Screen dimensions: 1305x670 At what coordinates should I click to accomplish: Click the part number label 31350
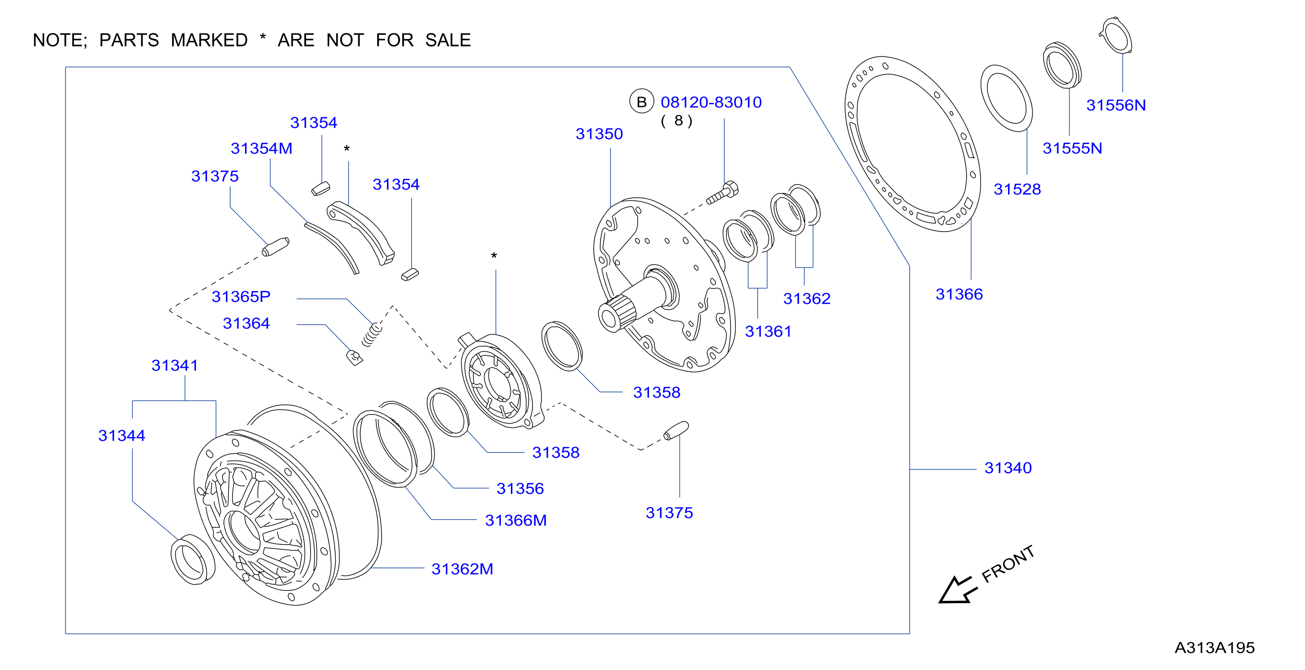599,134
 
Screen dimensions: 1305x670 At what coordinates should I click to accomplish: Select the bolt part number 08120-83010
711,102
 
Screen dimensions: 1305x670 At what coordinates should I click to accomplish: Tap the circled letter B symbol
641,102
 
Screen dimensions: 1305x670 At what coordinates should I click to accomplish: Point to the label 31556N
1115,105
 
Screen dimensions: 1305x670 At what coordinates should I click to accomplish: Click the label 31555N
1072,149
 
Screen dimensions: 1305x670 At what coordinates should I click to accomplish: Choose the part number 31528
1017,189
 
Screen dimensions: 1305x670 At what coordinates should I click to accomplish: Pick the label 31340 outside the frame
1008,468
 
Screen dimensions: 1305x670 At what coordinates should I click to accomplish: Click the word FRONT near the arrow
1008,563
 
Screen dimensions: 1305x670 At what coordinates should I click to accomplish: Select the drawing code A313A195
1214,648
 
